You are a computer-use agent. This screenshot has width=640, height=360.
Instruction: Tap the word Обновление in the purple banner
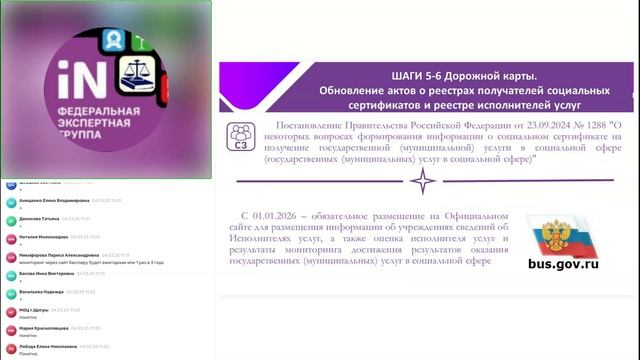351,89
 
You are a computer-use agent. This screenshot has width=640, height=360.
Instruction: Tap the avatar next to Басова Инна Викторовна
10,273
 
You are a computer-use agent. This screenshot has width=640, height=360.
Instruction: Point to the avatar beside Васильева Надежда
10,293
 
